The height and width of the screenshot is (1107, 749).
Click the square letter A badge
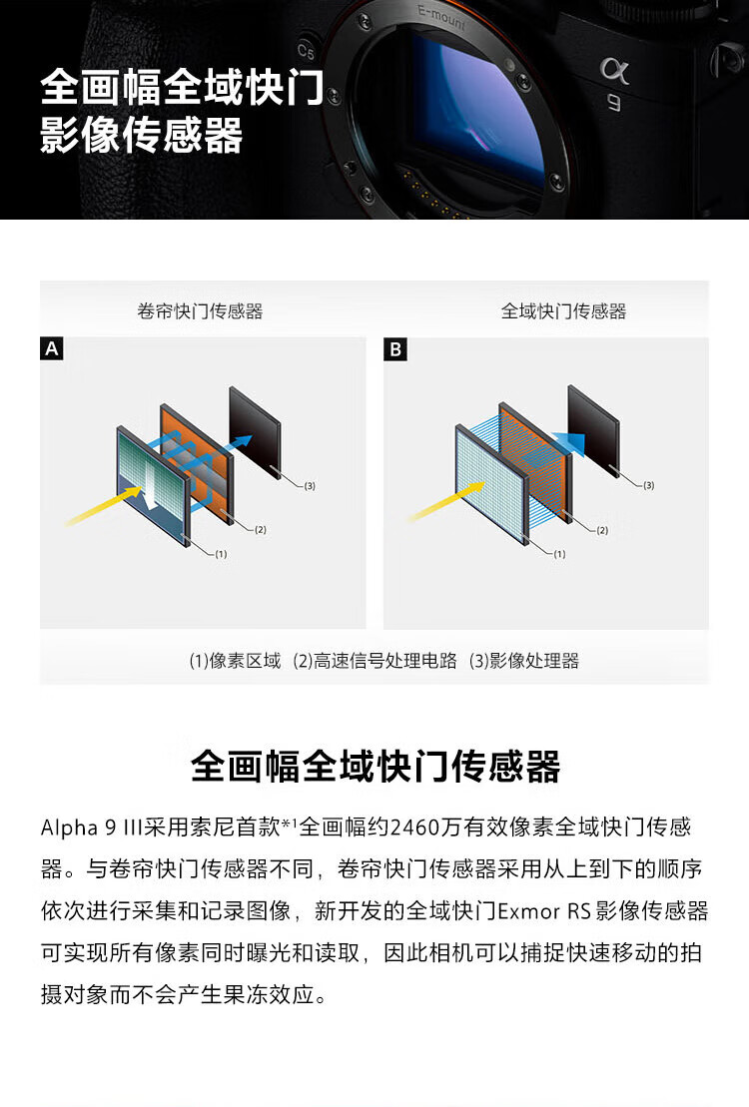tap(52, 348)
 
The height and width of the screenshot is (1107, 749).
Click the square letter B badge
tap(395, 348)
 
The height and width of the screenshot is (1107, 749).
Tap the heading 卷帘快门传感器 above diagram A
tap(200, 311)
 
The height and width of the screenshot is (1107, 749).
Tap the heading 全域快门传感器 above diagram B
tap(564, 311)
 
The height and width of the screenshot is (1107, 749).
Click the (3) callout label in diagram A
tap(310, 486)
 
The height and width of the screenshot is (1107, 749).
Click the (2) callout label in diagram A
tap(260, 529)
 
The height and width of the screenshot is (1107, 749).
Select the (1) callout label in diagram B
tap(559, 554)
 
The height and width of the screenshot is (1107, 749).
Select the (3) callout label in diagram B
tap(649, 485)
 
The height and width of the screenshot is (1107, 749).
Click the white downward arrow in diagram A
tap(150, 483)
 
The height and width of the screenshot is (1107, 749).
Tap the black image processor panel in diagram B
tap(593, 430)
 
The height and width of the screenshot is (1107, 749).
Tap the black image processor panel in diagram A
tap(255, 432)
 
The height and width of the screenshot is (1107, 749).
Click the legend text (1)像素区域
tap(236, 661)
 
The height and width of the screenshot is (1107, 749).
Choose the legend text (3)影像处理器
tap(524, 661)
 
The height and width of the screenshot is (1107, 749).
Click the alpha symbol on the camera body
tap(614, 69)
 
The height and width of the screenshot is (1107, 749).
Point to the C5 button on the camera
tap(306, 51)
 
